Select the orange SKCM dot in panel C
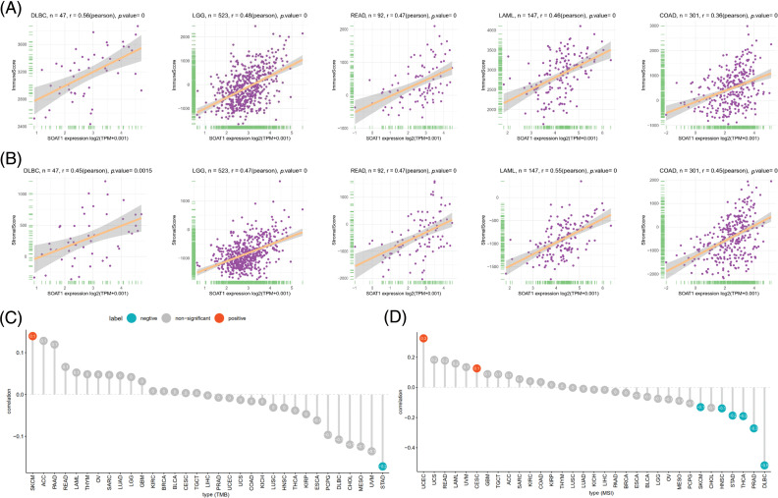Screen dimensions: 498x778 tap(32, 336)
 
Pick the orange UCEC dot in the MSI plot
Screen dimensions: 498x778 tap(423, 338)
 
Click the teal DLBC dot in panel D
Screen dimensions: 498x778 tap(764, 465)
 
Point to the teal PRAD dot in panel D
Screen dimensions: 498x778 tap(753, 428)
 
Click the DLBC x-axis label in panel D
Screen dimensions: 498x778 tap(764, 481)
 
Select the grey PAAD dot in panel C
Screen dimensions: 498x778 tap(55, 344)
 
